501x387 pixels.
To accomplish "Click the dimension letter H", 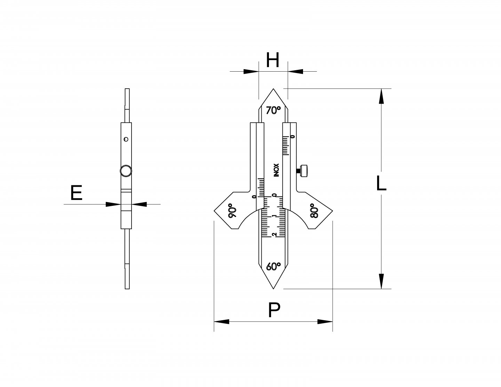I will click(x=273, y=61).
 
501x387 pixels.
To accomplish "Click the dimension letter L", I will click(x=381, y=184).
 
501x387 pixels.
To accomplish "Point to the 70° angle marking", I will click(x=273, y=111).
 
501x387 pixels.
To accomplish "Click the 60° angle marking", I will click(x=273, y=267).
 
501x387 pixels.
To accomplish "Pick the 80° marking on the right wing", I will click(x=313, y=211).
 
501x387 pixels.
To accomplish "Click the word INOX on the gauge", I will click(x=277, y=170).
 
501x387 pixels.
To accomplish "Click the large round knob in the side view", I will click(x=126, y=171).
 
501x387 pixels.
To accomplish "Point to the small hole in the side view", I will click(x=126, y=139).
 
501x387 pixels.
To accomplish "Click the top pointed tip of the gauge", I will click(x=273, y=89).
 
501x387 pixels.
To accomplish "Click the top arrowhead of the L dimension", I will click(x=382, y=96).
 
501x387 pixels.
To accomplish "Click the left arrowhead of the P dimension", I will click(x=222, y=322).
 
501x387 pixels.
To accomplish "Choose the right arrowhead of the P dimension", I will click(x=325, y=322).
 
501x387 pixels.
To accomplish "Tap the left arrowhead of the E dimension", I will click(x=113, y=204).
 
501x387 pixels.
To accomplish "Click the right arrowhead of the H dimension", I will click(x=295, y=71).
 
